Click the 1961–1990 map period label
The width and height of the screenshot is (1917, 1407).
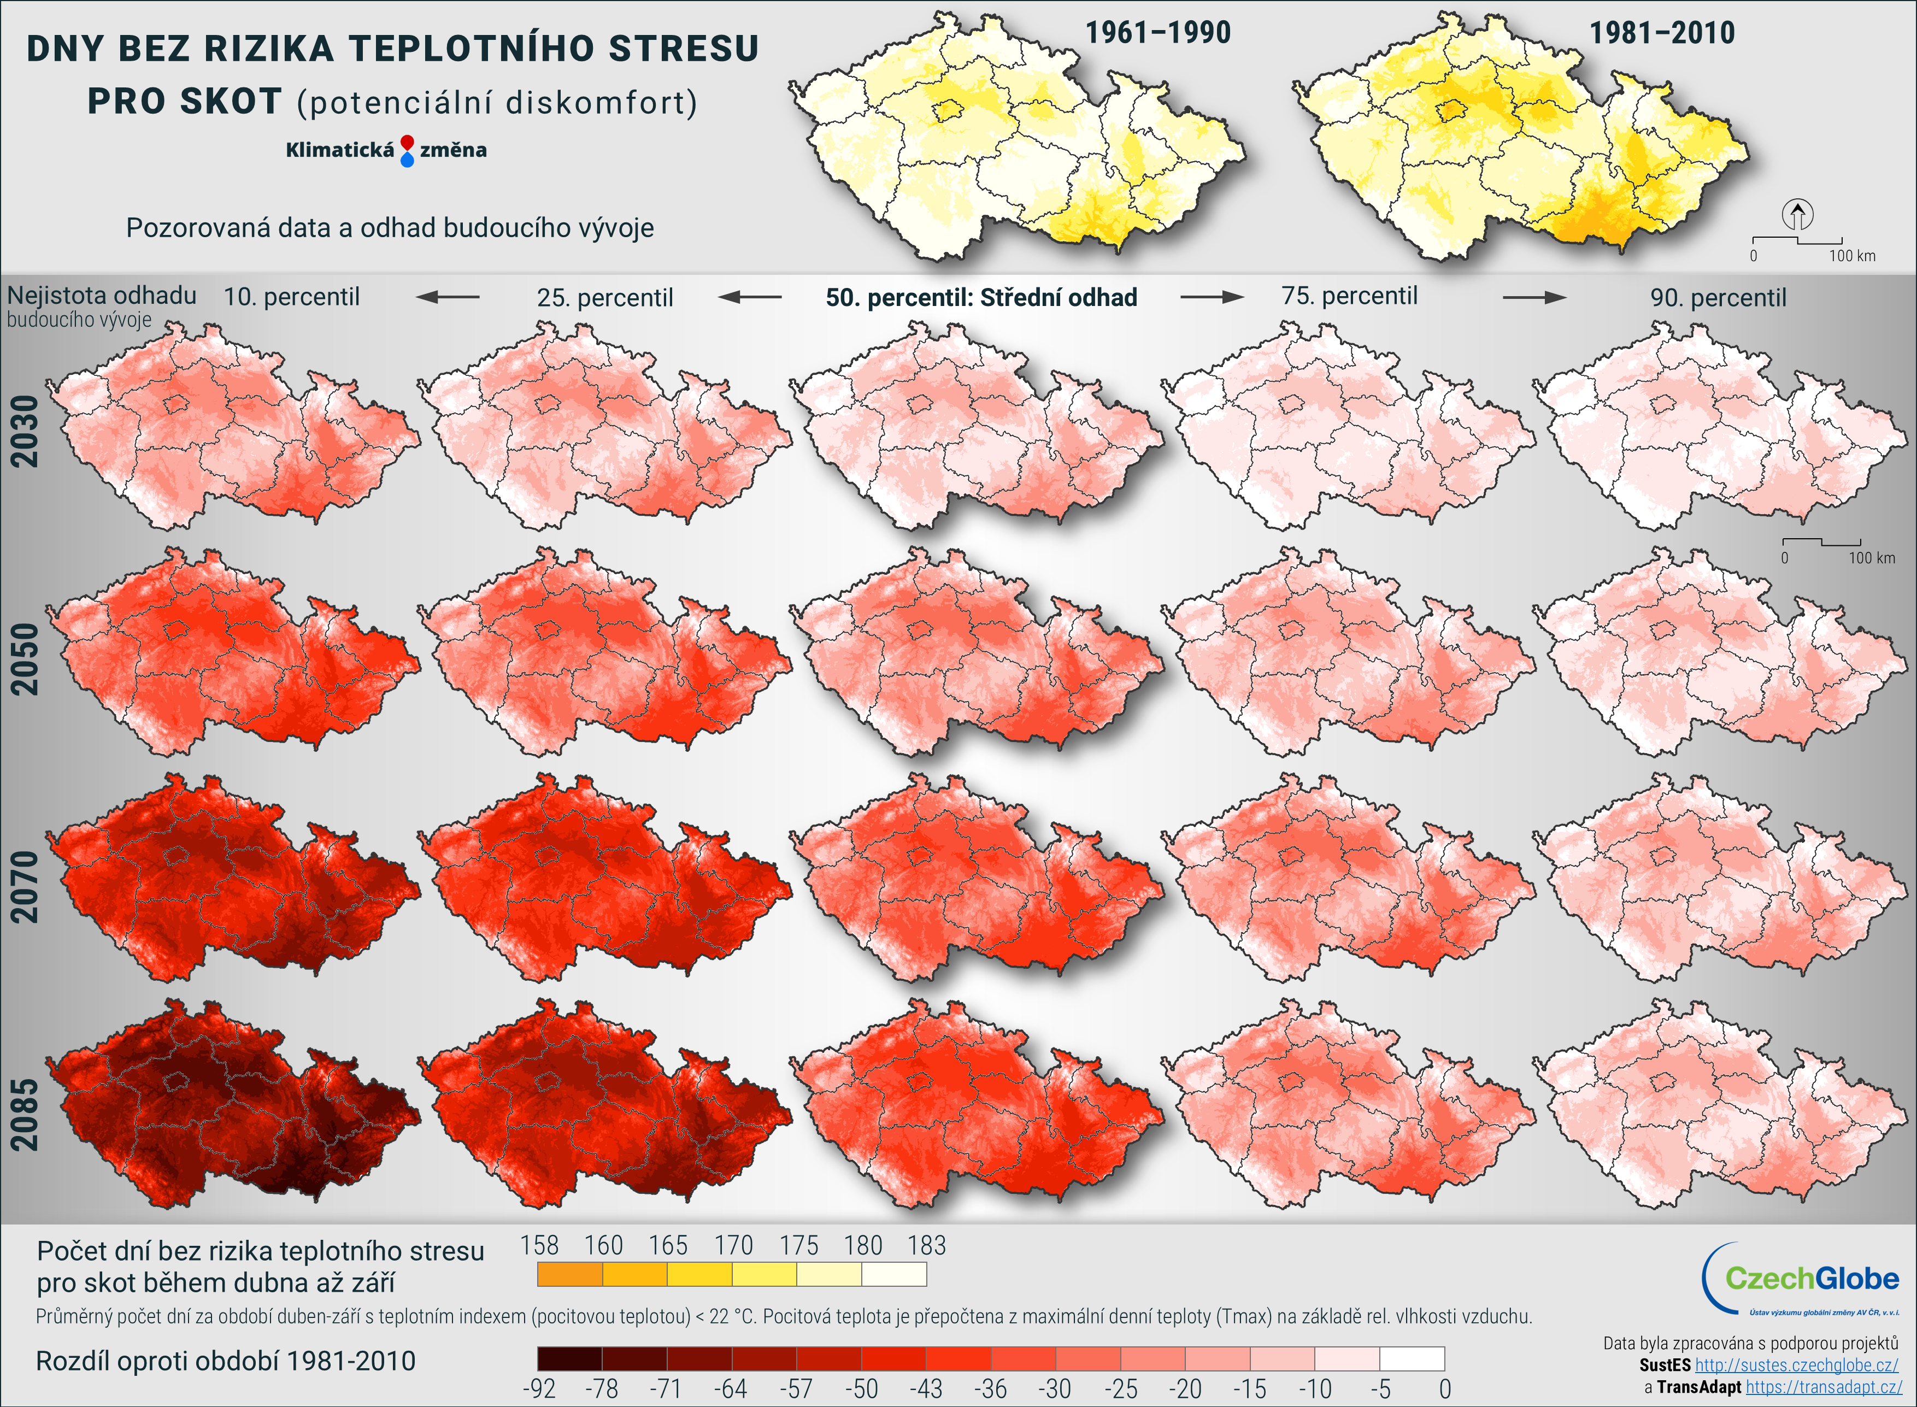[x=1157, y=33]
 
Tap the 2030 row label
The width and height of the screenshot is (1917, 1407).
[x=24, y=431]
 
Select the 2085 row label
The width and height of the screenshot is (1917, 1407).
[x=24, y=1115]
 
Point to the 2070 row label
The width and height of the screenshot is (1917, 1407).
[x=24, y=887]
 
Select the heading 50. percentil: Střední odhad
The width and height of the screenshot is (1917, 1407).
[x=981, y=297]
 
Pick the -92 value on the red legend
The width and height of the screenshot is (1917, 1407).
[x=538, y=1389]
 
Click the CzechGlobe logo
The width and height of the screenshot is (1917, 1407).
[x=1802, y=1279]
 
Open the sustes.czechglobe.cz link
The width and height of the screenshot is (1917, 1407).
[x=1796, y=1365]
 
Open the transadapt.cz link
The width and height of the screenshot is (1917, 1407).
[x=1824, y=1387]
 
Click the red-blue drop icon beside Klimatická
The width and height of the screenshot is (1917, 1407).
[x=407, y=151]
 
